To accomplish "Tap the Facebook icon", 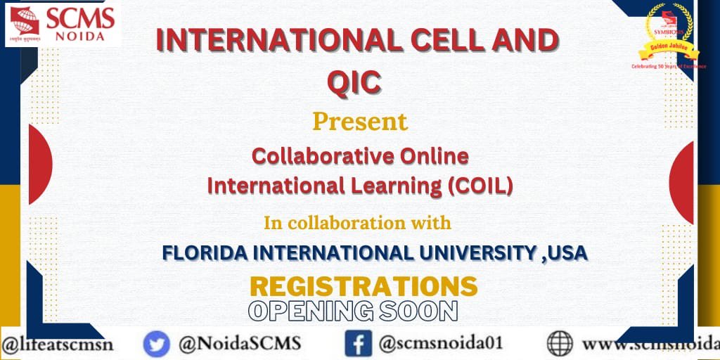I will [x=358, y=344].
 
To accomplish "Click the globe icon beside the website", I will [x=560, y=344].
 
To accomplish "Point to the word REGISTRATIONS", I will [x=364, y=286].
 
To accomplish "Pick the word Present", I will [x=360, y=122].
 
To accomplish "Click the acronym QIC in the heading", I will [x=354, y=82].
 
